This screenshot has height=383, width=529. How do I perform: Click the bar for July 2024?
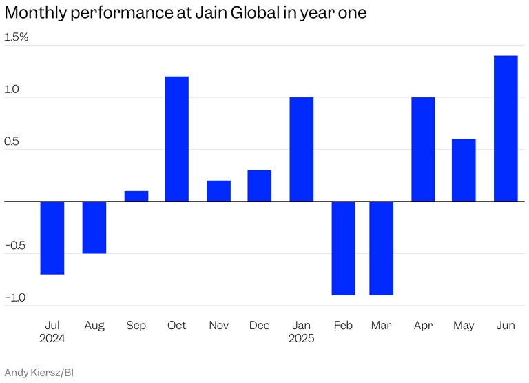[x=52, y=237]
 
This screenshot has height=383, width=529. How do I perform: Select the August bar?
[x=94, y=227]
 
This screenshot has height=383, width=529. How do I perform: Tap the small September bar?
[x=136, y=196]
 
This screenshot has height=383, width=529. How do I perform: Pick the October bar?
[x=176, y=139]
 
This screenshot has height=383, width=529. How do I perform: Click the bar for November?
[x=218, y=190]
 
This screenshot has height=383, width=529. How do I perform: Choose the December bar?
[x=260, y=186]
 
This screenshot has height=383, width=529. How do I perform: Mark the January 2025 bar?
[x=301, y=149]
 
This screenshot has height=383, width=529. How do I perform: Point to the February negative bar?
[x=343, y=248]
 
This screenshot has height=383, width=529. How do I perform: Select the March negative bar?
[x=381, y=248]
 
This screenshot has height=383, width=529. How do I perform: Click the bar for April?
[x=423, y=149]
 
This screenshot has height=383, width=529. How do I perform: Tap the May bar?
[x=464, y=170]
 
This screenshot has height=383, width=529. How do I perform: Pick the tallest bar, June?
[x=506, y=128]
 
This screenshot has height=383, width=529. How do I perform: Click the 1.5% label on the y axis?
[x=17, y=37]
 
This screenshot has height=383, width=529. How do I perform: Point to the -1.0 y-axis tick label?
[x=15, y=298]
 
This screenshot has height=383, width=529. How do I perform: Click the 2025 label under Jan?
[x=301, y=339]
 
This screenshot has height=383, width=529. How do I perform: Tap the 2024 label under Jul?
[x=52, y=339]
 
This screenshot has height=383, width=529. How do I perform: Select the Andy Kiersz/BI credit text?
[x=39, y=373]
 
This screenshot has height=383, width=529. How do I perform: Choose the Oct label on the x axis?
[x=176, y=325]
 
